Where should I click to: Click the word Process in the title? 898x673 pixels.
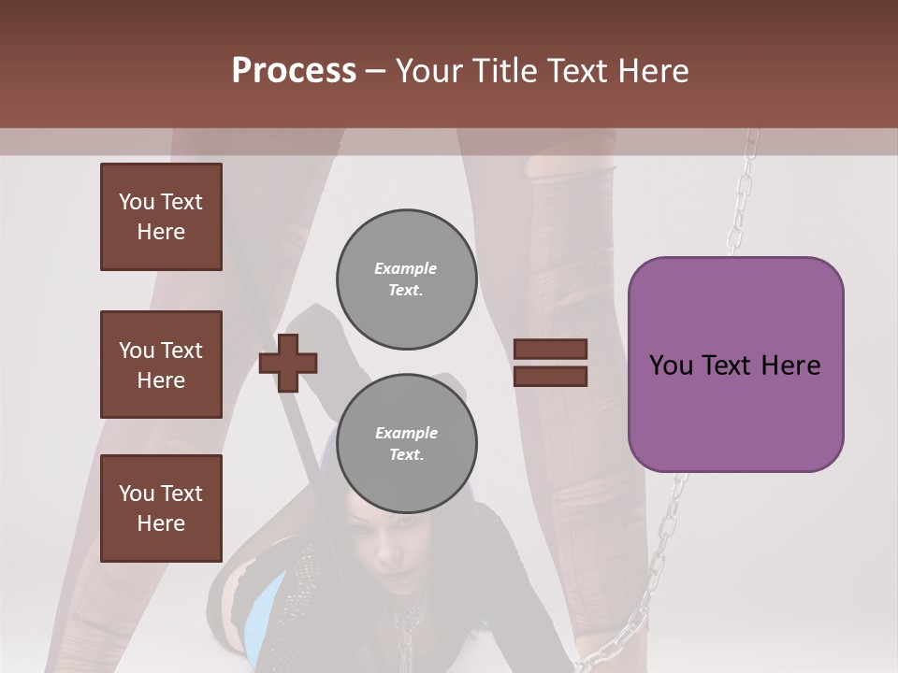294,71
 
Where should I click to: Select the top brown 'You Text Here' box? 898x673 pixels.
161,217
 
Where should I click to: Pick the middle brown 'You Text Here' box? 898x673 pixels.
161,365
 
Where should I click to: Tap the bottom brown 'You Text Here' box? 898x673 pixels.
161,508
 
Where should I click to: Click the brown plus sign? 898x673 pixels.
288,363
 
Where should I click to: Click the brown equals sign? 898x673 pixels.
551,363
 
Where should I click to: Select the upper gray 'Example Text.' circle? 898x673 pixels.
407,279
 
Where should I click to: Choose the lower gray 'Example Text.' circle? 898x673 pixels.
407,443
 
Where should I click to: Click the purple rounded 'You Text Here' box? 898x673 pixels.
735,365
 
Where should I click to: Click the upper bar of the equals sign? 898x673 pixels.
551,350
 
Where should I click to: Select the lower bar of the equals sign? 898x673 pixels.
551,376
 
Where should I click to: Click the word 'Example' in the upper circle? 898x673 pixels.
406,269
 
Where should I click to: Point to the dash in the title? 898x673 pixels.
376,71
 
